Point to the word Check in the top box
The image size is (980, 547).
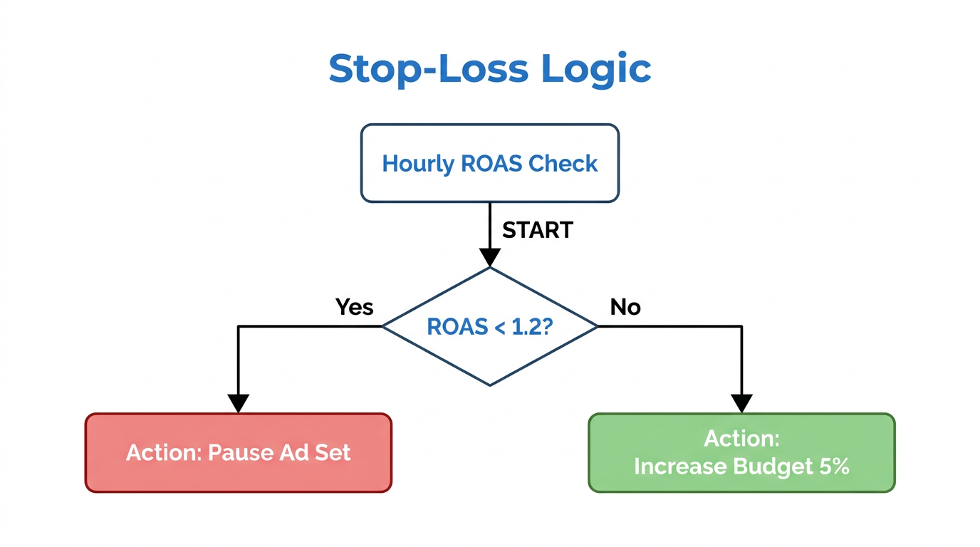(x=562, y=164)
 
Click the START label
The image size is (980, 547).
(x=537, y=230)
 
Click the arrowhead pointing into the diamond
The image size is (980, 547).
(x=490, y=257)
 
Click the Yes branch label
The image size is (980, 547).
(x=354, y=307)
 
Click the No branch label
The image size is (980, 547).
(x=625, y=307)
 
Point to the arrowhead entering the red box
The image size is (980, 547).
(x=238, y=403)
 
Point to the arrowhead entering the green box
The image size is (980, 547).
(x=741, y=403)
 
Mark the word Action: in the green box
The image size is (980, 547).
(x=741, y=438)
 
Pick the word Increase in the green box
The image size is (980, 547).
(x=679, y=467)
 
